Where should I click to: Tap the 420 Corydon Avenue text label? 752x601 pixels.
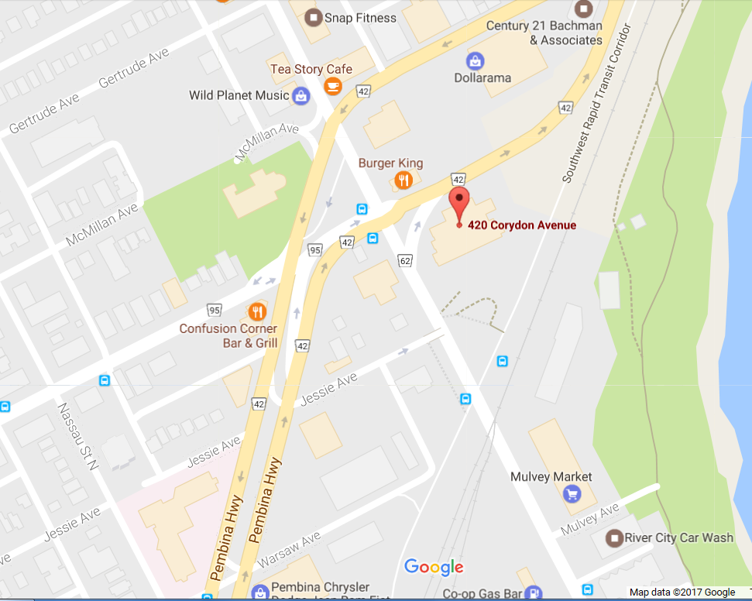[522, 225]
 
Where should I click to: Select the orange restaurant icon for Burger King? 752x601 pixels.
[403, 180]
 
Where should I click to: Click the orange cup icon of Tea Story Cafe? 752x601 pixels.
[334, 86]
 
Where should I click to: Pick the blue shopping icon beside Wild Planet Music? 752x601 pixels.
[300, 96]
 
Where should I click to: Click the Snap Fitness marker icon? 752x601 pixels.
[313, 16]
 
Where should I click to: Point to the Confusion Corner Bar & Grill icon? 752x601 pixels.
[256, 311]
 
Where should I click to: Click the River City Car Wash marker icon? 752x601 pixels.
[615, 537]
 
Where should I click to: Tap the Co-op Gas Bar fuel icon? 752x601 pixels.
[532, 594]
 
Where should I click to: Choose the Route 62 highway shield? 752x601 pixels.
[405, 261]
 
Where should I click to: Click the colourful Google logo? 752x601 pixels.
[434, 568]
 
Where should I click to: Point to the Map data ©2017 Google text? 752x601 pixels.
[682, 592]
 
